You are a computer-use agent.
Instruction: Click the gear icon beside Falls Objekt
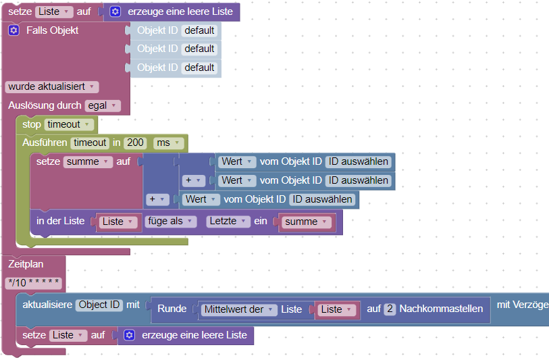(14, 30)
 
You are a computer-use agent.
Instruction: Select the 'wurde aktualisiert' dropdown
(51, 86)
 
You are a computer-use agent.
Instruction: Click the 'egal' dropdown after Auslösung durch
(103, 105)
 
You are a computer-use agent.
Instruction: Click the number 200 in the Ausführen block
(136, 143)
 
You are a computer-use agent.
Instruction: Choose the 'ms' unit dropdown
(168, 143)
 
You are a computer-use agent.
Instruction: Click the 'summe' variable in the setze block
(88, 161)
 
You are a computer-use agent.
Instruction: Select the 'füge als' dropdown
(170, 222)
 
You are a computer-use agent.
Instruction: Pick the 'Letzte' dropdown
(227, 222)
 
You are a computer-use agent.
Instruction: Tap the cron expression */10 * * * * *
(34, 282)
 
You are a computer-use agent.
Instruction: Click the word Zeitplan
(26, 264)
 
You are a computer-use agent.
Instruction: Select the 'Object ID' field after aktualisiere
(99, 305)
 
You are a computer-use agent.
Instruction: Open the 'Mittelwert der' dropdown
(238, 309)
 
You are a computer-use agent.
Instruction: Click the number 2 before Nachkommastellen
(390, 309)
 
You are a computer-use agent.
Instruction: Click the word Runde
(172, 309)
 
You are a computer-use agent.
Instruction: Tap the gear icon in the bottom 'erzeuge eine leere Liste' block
(130, 335)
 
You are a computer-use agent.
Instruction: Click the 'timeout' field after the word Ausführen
(90, 143)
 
